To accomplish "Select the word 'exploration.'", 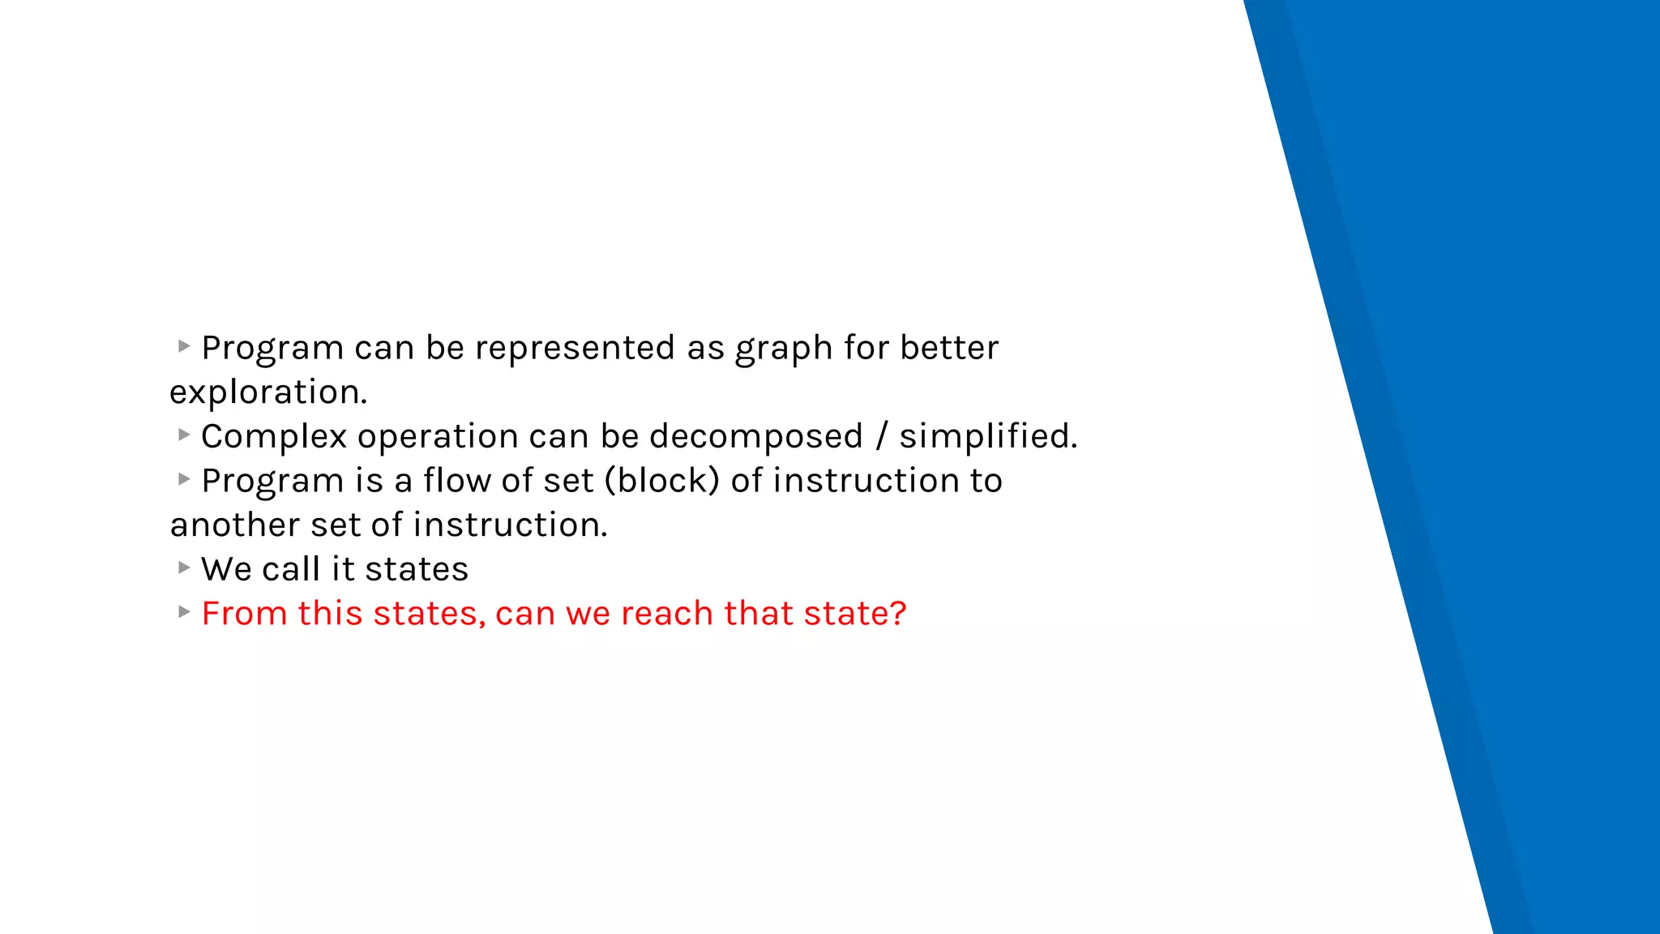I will (x=268, y=393).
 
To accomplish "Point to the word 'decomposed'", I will (x=755, y=437).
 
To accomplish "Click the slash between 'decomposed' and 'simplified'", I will (x=881, y=437).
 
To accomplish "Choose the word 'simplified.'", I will (x=988, y=437).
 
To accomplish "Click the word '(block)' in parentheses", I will (x=661, y=482).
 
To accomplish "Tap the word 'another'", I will (x=234, y=525).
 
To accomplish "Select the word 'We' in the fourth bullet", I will (x=226, y=570).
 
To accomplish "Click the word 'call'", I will (x=291, y=570).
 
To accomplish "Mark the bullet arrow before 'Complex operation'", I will (x=184, y=435).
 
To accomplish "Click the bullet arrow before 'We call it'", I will (x=184, y=568).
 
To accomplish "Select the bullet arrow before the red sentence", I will (x=184, y=612).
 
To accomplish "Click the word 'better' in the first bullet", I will (x=949, y=349).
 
